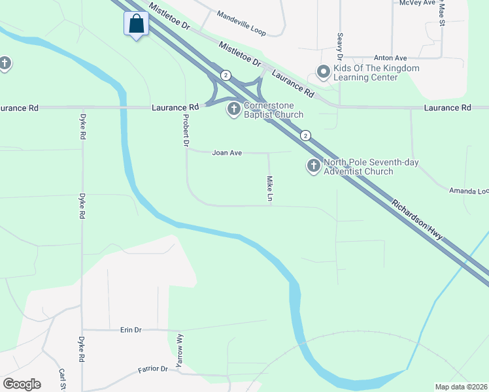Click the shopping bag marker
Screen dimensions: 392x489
pos(136,24)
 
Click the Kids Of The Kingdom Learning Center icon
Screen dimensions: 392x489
pos(322,72)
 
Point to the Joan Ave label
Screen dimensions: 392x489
pos(227,153)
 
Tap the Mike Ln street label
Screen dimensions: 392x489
pos(269,188)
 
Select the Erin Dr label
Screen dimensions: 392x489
pos(131,330)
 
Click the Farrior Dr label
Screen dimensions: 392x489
pos(153,369)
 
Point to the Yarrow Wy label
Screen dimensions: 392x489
pos(180,350)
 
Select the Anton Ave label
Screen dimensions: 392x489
pos(390,57)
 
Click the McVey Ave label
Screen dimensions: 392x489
pos(417,3)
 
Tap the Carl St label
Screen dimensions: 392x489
pos(63,379)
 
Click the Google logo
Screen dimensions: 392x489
pos(22,384)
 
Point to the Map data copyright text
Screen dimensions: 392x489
pos(462,387)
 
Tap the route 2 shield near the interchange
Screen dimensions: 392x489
pos(226,75)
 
